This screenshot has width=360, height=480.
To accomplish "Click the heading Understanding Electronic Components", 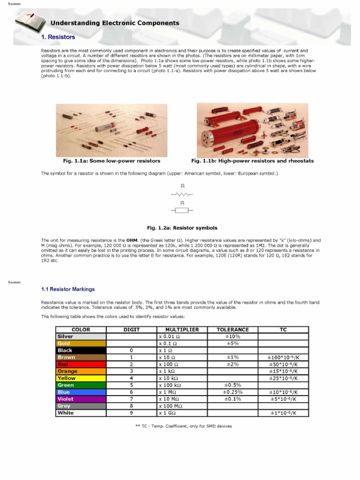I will (115, 22).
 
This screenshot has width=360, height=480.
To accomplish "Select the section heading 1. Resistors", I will (58, 37).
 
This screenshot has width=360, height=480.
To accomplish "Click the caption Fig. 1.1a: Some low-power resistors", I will (112, 161).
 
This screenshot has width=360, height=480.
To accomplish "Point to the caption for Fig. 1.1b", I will (253, 161).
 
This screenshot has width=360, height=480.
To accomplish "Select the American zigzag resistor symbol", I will (182, 194).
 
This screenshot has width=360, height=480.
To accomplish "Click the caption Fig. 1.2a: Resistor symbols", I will (182, 228).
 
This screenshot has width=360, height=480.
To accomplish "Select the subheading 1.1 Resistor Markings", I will (68, 289).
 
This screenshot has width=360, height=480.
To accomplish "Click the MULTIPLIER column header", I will (182, 330).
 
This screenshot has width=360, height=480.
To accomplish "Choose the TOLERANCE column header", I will (232, 330).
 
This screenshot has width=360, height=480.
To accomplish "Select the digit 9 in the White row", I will (132, 413).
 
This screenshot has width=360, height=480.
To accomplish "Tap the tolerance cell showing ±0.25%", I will (232, 392).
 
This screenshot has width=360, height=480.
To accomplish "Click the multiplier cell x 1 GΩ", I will (182, 413).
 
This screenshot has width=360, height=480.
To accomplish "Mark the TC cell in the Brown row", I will (283, 357).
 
